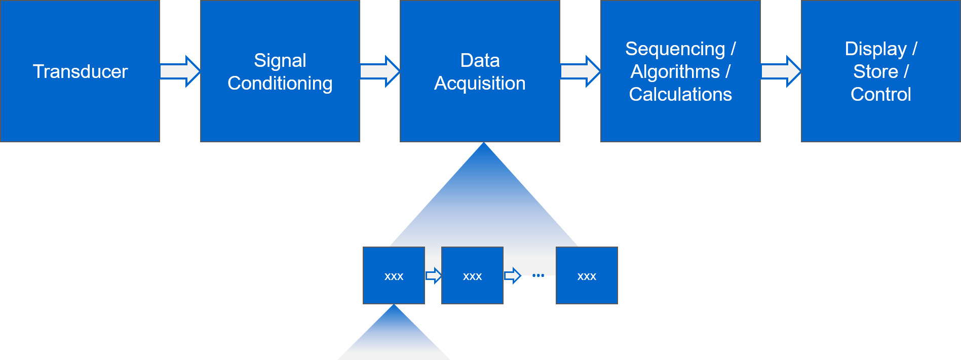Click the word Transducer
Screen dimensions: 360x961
[x=80, y=71]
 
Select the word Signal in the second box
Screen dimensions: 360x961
[x=280, y=60]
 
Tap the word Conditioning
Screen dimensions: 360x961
[x=280, y=83]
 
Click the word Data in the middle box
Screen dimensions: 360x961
[x=480, y=60]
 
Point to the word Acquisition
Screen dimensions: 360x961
[x=480, y=83]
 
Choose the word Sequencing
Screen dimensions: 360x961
[x=675, y=49]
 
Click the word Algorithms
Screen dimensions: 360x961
[x=675, y=71]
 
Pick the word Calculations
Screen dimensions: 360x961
[x=680, y=94]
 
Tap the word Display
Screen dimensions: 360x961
[x=875, y=49]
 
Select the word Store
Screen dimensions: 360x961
[x=875, y=71]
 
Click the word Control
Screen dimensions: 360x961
[x=881, y=94]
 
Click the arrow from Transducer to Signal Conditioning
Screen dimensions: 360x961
[x=180, y=71]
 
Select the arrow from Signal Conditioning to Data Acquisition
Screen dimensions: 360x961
[x=380, y=71]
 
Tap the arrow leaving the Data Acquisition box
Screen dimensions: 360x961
[x=580, y=71]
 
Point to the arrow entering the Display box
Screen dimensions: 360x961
[x=781, y=71]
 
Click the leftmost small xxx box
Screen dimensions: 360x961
[x=394, y=275]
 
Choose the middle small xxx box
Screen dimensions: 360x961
[x=472, y=275]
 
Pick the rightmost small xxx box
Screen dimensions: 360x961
[x=587, y=275]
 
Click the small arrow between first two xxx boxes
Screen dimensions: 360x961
[x=433, y=275]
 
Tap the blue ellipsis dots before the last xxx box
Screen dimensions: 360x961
[x=538, y=275]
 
